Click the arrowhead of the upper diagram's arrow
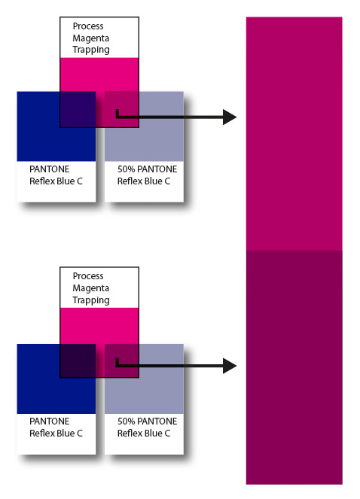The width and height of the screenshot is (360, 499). coord(230,117)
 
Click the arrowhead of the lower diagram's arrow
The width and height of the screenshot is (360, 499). coord(230,366)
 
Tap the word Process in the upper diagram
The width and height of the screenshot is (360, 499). coord(88,26)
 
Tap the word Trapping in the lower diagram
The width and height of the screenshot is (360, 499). coord(91,300)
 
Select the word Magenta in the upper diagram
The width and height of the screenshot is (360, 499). coord(91,38)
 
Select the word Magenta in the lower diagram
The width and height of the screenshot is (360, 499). coord(91,288)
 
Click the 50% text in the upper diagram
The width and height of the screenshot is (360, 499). coord(126,169)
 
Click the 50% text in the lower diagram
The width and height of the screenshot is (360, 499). coord(126,421)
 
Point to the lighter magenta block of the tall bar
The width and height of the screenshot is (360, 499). coord(294,134)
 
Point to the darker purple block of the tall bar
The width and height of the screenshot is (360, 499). coord(294,367)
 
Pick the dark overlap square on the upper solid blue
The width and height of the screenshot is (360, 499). coord(78,109)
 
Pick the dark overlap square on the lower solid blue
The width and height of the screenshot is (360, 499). coord(78,361)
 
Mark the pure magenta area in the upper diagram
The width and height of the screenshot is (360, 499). coord(99,75)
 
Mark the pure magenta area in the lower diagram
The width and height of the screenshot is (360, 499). coord(99,326)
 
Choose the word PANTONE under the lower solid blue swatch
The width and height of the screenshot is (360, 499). coord(50,421)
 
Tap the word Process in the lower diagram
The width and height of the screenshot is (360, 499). coord(88,276)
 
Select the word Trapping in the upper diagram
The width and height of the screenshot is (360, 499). coord(91,50)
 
